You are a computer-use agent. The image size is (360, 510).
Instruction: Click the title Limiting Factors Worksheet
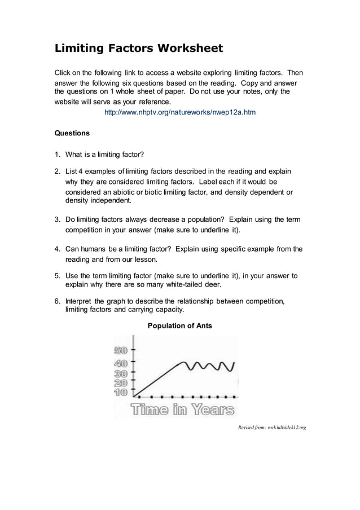(x=138, y=49)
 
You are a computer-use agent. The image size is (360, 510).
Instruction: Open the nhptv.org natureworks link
(x=180, y=112)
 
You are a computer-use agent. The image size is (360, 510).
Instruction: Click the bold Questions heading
(x=72, y=134)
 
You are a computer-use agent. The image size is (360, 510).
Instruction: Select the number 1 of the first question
(x=57, y=155)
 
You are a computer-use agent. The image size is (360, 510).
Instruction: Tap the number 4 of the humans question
(x=57, y=249)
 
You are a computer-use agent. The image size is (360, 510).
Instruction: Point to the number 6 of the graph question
(x=57, y=301)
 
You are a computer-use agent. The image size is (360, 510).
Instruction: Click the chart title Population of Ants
(x=179, y=326)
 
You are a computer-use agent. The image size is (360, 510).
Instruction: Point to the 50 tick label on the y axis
(x=120, y=350)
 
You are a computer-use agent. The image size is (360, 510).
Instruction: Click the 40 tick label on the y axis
(x=120, y=363)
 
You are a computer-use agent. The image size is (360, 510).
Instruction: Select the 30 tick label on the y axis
(x=120, y=373)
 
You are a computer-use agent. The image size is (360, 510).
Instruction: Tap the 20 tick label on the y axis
(x=120, y=383)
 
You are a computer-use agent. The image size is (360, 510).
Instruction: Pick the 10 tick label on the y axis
(x=120, y=392)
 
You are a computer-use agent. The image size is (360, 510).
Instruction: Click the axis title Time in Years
(x=182, y=410)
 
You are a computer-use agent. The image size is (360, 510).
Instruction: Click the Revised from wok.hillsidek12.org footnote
(x=271, y=428)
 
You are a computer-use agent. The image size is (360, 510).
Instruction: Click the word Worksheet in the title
(x=190, y=49)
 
